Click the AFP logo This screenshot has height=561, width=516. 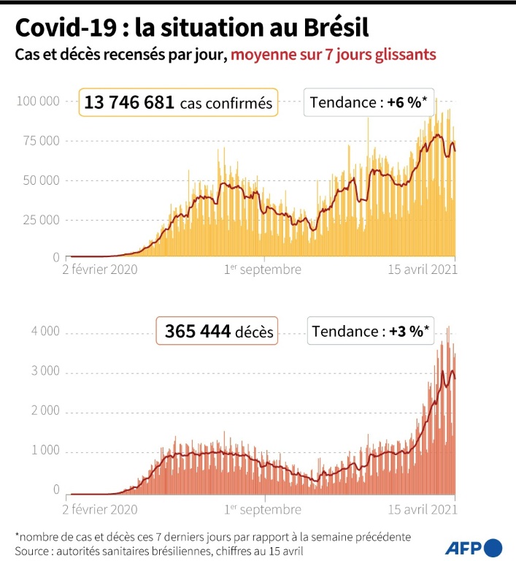473,546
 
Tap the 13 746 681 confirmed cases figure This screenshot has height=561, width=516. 129,102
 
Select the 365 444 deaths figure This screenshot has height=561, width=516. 194,332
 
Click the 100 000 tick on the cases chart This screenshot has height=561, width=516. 37,101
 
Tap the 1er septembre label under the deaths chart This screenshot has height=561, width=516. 263,508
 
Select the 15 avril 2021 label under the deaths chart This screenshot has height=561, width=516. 421,508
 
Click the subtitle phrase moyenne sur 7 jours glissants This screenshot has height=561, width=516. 334,55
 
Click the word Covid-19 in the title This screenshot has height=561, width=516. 62,28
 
